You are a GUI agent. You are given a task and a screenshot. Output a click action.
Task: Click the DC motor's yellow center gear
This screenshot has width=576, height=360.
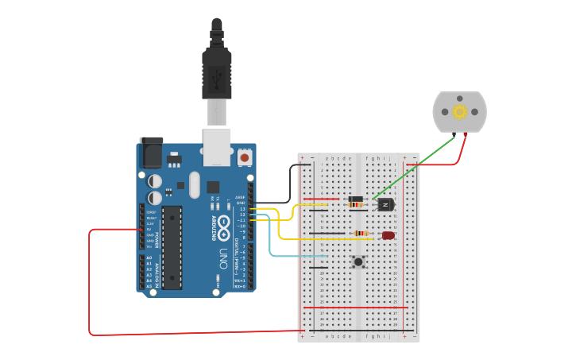click(x=459, y=111)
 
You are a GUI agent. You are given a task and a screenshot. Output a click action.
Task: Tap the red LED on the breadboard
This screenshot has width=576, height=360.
click(x=388, y=235)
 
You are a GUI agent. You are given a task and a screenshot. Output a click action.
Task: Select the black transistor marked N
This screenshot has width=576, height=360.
click(x=385, y=204)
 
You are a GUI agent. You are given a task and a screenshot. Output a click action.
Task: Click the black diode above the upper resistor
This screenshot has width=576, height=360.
click(x=356, y=199)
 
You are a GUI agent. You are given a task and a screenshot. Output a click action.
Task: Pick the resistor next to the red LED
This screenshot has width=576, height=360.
click(x=361, y=234)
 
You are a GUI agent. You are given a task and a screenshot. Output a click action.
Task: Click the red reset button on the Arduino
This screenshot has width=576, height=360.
click(x=245, y=158)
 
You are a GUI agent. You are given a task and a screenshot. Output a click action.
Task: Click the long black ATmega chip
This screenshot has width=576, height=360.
click(x=172, y=247)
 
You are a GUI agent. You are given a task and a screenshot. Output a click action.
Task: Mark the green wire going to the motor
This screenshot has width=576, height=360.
click(x=413, y=167)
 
